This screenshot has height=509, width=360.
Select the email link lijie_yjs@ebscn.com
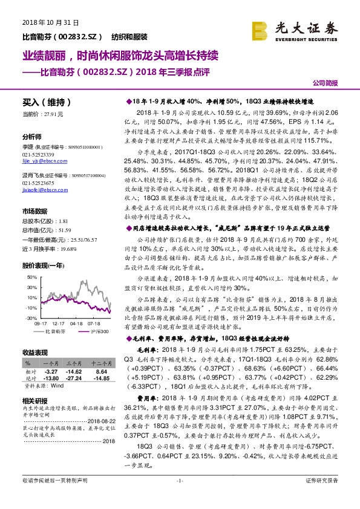click(42, 161)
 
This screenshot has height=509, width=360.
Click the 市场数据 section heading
click(34, 212)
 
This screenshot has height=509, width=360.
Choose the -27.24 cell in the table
click(74, 378)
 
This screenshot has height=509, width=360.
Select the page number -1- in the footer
click(179, 498)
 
